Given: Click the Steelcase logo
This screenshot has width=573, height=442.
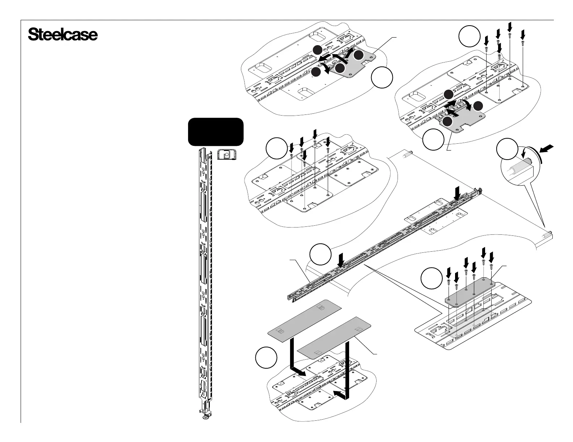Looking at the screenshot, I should (63, 35).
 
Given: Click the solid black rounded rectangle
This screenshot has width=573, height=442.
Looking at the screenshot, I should (216, 131).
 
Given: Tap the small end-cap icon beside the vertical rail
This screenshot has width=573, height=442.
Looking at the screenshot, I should (226, 155).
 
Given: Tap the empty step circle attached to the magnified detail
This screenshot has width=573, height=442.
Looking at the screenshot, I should (506, 150).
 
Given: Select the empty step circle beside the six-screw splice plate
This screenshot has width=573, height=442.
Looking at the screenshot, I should (432, 278).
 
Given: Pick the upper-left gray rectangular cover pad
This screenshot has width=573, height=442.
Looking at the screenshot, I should (304, 317).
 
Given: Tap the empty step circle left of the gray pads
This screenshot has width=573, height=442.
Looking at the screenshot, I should (267, 357).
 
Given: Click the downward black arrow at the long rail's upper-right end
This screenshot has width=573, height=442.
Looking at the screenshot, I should (458, 192).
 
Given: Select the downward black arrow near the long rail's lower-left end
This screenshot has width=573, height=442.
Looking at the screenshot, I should (340, 260).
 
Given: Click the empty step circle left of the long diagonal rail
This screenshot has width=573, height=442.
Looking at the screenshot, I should (321, 254).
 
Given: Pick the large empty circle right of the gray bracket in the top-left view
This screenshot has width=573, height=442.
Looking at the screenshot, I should (382, 78).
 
